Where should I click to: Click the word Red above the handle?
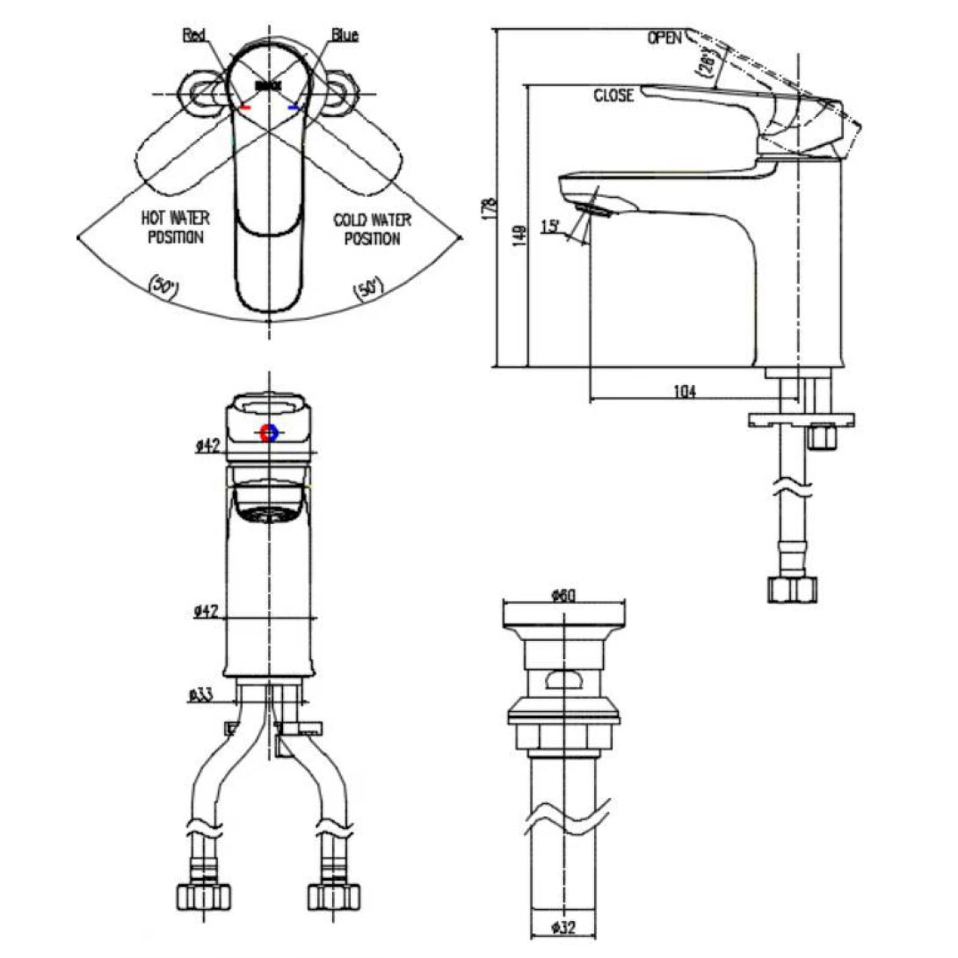[193, 35]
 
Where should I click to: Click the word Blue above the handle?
[345, 35]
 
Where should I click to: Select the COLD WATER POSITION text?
[373, 227]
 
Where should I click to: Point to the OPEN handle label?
[666, 38]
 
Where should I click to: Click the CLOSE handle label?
[613, 96]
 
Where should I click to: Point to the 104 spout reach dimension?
[683, 392]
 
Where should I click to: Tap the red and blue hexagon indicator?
[270, 432]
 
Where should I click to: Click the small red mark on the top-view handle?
[245, 107]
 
